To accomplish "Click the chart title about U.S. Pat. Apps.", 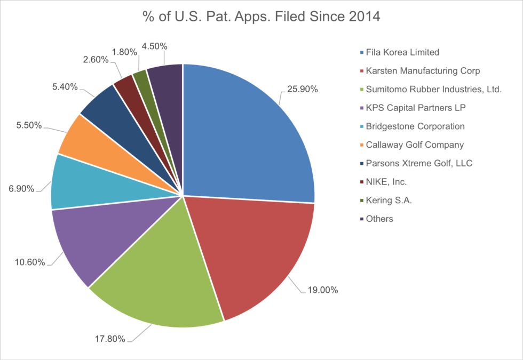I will [x=261, y=17].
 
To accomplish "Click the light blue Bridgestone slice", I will [x=80, y=184].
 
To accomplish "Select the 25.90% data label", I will [x=302, y=89].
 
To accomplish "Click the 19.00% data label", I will [x=322, y=290].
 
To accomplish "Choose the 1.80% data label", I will [x=124, y=52].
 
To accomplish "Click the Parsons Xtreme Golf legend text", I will [x=419, y=163].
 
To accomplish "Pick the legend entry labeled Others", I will [x=380, y=219].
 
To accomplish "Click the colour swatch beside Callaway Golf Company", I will [x=362, y=145].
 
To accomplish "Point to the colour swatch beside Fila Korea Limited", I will [x=362, y=52].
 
